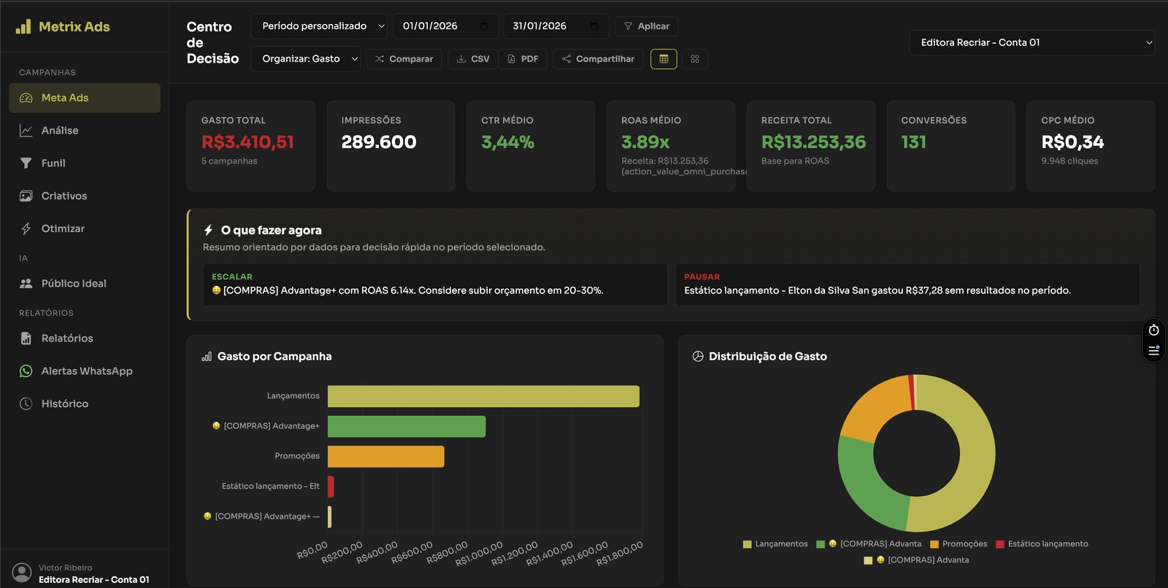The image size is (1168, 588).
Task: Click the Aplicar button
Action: pos(647,26)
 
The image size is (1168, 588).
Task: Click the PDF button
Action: pos(523,59)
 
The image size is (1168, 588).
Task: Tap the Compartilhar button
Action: pos(598,59)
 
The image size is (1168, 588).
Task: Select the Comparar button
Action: pos(404,59)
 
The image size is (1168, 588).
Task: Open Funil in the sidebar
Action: pos(53,163)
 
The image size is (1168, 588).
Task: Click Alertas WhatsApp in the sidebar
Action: pos(87,371)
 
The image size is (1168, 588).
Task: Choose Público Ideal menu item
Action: pos(74,284)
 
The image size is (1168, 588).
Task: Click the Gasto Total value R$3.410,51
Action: pos(247,142)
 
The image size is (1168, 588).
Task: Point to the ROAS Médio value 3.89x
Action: pos(645,142)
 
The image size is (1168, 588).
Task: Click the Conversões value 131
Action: pos(913,142)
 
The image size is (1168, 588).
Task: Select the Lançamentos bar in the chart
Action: pos(483,397)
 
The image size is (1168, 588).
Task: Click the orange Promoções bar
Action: pos(385,457)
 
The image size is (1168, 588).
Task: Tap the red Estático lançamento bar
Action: pos(331,487)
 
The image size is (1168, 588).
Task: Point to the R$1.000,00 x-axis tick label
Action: pos(480,554)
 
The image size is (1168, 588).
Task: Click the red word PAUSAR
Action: pos(702,277)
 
